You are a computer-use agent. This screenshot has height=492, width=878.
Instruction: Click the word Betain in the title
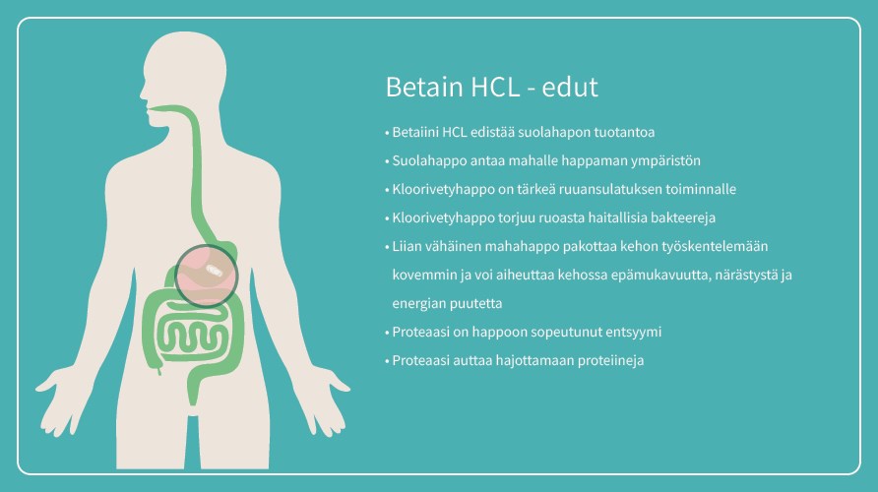425,87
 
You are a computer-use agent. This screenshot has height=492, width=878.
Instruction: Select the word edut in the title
570,87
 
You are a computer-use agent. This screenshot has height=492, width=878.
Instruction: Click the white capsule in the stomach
214,272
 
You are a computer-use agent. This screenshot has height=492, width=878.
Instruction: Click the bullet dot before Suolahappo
387,161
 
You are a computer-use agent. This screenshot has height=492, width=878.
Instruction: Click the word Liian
407,246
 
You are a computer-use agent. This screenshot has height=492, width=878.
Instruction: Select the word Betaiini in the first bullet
415,133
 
